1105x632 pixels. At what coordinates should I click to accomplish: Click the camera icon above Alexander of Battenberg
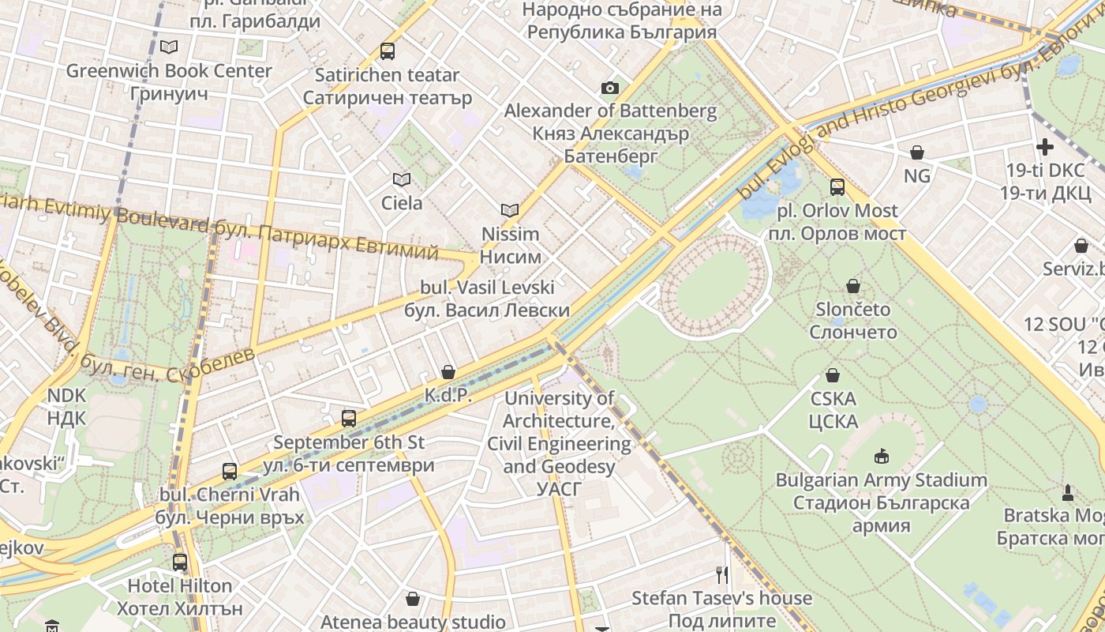click(609, 88)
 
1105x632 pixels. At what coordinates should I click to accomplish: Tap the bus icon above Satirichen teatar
click(387, 51)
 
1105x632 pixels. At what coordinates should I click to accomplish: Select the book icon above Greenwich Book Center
click(169, 47)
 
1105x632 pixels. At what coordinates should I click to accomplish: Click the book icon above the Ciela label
click(402, 179)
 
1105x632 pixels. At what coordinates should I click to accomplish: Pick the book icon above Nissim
click(510, 210)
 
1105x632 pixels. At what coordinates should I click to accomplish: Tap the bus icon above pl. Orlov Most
click(837, 187)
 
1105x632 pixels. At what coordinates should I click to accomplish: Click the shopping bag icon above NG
click(917, 152)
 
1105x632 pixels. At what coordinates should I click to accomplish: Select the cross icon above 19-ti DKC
click(1045, 147)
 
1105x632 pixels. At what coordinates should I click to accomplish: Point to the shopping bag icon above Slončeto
click(852, 285)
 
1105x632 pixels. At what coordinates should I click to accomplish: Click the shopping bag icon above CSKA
click(833, 374)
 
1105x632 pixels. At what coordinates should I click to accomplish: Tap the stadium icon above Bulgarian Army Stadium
click(881, 456)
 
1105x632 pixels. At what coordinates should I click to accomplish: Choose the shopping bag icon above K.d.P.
click(448, 371)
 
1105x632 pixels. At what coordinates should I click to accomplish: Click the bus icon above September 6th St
click(349, 418)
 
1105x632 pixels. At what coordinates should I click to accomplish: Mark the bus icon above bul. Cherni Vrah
click(230, 472)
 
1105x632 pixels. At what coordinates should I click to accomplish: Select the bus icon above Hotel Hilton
click(180, 562)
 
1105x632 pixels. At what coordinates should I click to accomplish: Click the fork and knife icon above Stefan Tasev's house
click(722, 574)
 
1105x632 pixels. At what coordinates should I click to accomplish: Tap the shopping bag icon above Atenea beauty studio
click(412, 599)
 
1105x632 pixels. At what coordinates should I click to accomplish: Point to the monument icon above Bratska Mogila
click(1068, 492)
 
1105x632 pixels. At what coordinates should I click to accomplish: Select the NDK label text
click(66, 407)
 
